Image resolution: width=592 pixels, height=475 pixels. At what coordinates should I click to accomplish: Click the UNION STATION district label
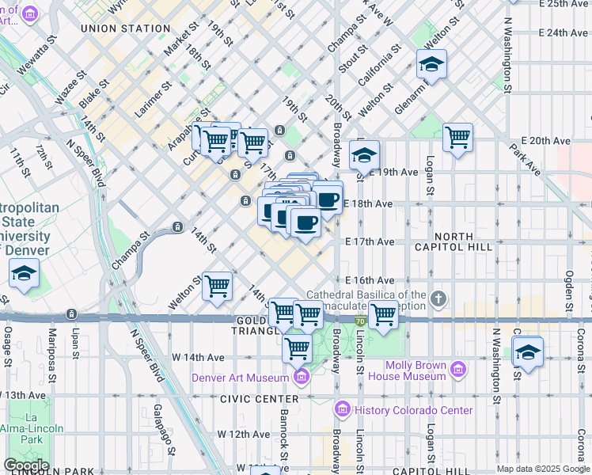(x=126, y=28)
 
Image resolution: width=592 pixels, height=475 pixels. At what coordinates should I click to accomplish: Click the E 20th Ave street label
(x=541, y=140)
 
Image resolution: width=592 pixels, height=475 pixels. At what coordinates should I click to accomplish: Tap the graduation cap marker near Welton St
(x=431, y=64)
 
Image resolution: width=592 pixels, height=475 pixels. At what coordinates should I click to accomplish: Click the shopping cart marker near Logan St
(x=457, y=137)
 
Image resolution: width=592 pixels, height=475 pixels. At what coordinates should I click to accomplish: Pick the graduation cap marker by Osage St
(x=25, y=274)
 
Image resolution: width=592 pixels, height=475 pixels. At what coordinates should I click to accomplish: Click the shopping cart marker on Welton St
(x=217, y=287)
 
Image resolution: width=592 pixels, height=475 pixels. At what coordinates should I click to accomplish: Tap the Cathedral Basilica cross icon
(x=440, y=299)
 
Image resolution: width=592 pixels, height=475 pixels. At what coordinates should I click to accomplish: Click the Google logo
(x=25, y=465)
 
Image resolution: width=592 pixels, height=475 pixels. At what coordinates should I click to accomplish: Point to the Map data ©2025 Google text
(x=542, y=469)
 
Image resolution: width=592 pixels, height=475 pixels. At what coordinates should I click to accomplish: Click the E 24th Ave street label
(x=564, y=33)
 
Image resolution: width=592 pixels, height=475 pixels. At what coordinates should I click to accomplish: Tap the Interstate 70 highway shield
(x=359, y=321)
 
